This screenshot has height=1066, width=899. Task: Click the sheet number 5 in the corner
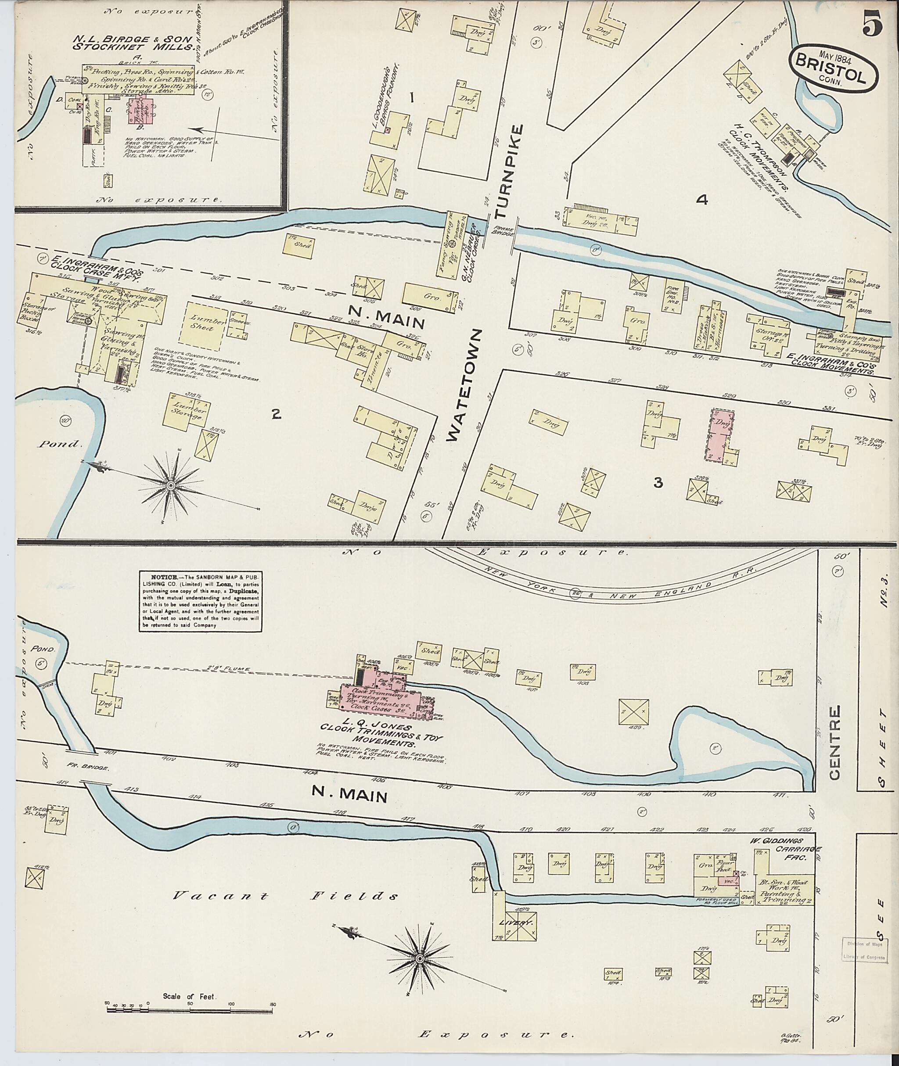tap(873, 25)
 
